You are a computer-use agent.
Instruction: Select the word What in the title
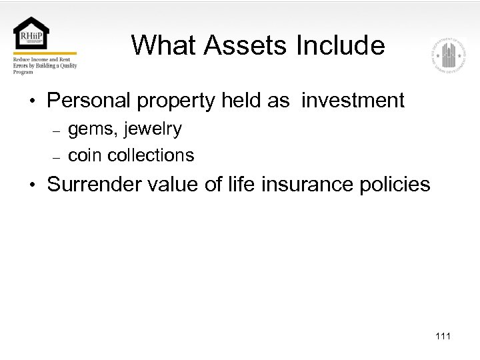coord(164,45)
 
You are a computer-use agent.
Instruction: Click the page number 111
coord(443,336)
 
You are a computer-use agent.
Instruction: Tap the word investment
coord(353,101)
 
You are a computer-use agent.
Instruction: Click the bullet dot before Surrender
coord(32,185)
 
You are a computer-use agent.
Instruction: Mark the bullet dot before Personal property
coord(32,101)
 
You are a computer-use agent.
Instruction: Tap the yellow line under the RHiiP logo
coord(45,53)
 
